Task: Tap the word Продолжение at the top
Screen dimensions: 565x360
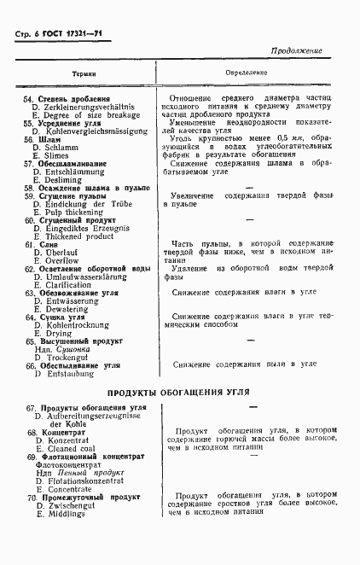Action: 296,51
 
